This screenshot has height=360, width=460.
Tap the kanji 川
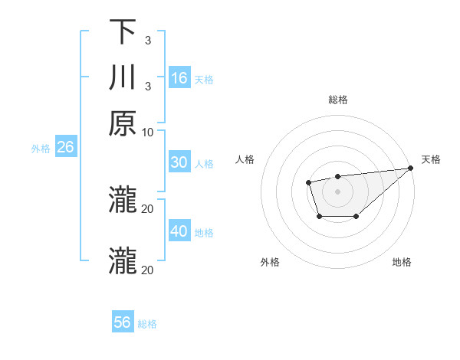tap(123, 78)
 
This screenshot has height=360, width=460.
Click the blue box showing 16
tap(179, 77)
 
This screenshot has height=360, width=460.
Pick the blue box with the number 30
tap(179, 162)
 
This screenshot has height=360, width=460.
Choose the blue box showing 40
tap(179, 231)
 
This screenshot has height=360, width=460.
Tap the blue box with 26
tap(65, 147)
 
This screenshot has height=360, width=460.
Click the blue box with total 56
tap(123, 322)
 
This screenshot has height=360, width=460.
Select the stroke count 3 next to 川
tap(147, 87)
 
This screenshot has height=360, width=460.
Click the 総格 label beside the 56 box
tap(147, 324)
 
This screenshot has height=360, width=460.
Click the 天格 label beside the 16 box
tap(204, 79)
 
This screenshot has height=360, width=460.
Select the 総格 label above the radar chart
tap(338, 100)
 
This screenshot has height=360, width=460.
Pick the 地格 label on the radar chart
tap(402, 263)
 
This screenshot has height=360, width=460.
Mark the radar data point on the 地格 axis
tap(356, 217)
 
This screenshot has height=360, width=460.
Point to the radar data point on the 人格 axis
tap(308, 182)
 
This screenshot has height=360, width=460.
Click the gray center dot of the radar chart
tap(337, 190)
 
